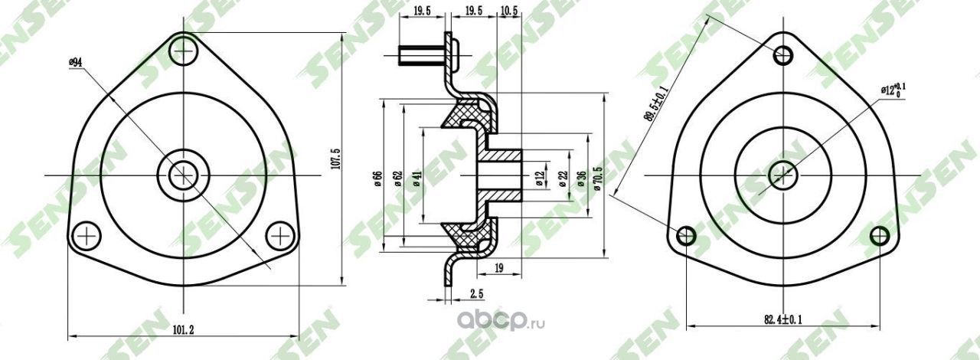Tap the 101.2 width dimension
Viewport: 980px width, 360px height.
click(x=182, y=330)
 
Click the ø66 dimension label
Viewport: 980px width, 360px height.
click(x=377, y=178)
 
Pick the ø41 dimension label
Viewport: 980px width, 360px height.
click(x=417, y=178)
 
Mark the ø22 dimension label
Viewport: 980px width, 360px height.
click(x=563, y=179)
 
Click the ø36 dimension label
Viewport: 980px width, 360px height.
click(x=581, y=179)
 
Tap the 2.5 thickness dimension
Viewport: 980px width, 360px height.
click(x=476, y=294)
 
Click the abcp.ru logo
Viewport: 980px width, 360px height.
click(x=502, y=322)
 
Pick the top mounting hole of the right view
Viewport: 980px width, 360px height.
click(x=782, y=54)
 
